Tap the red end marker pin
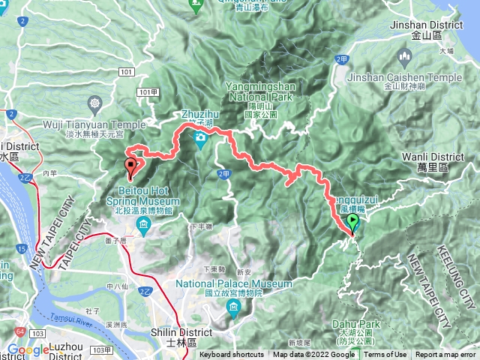pyautogui.click(x=131, y=166)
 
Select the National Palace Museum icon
pyautogui.click(x=234, y=307)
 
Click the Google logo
pyautogui.click(x=28, y=349)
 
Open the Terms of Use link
pyautogui.click(x=385, y=355)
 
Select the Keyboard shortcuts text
pyautogui.click(x=232, y=355)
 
